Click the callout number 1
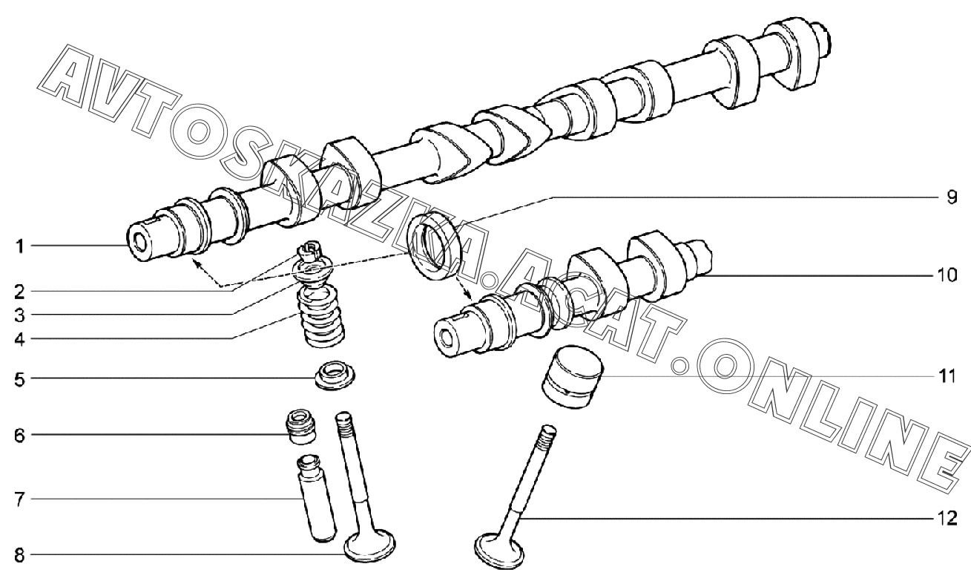coord(19,246)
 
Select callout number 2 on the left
coord(19,292)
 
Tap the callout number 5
coord(19,379)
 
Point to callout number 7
coord(19,500)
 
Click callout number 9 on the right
coord(952,197)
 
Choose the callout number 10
coord(947,275)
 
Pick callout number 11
coord(947,376)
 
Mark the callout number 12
coord(947,518)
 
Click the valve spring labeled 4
coord(320,316)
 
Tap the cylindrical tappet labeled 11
coord(572,377)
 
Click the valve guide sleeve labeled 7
coord(315,499)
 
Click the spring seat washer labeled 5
coord(335,375)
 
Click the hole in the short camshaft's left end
coord(447,338)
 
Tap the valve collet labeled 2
coord(309,252)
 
